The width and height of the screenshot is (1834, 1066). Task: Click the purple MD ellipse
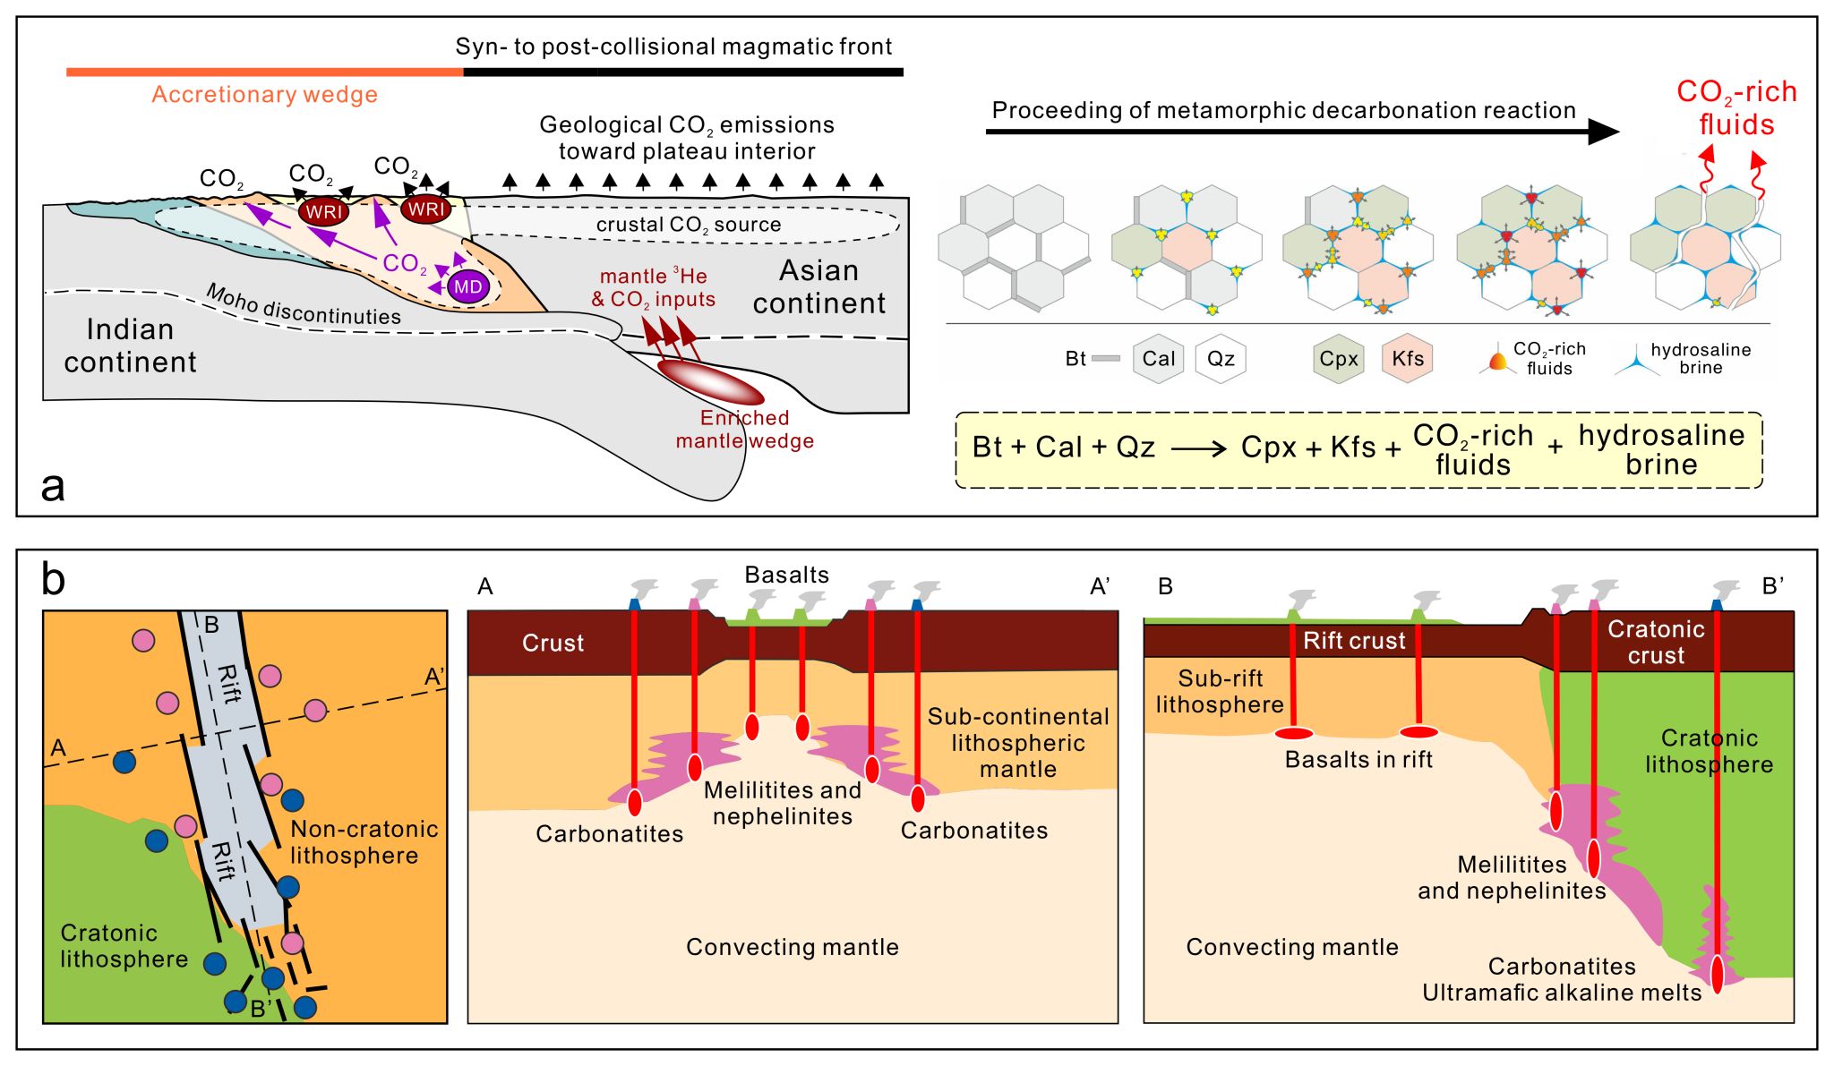click(x=467, y=287)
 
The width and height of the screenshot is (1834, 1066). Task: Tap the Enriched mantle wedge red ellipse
click(x=711, y=382)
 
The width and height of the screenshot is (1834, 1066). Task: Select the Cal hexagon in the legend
click(x=1158, y=359)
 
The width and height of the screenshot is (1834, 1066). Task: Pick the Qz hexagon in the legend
click(x=1221, y=359)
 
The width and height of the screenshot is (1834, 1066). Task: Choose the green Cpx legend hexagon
click(x=1339, y=359)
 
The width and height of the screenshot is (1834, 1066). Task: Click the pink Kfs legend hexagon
click(x=1407, y=359)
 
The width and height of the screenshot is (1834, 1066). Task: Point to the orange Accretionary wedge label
click(x=264, y=95)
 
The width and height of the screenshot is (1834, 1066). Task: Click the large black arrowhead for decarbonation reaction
click(x=1603, y=132)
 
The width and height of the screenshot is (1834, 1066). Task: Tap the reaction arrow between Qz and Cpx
click(x=1198, y=448)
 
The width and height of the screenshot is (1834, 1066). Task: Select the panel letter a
click(x=53, y=486)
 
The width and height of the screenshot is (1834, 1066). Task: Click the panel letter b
click(x=54, y=580)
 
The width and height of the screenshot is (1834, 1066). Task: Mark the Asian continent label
click(x=819, y=287)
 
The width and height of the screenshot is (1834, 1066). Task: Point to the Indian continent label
click(x=130, y=345)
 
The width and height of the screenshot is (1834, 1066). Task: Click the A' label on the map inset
click(x=434, y=678)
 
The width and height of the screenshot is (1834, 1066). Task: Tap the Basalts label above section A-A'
click(x=787, y=575)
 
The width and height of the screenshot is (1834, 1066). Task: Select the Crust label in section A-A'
click(x=553, y=643)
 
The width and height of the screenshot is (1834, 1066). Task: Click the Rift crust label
click(x=1354, y=641)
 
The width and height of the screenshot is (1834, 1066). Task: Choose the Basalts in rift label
click(x=1358, y=760)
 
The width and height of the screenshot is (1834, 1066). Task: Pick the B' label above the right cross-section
click(x=1773, y=586)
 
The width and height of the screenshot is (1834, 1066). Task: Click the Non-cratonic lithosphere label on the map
click(x=364, y=842)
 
